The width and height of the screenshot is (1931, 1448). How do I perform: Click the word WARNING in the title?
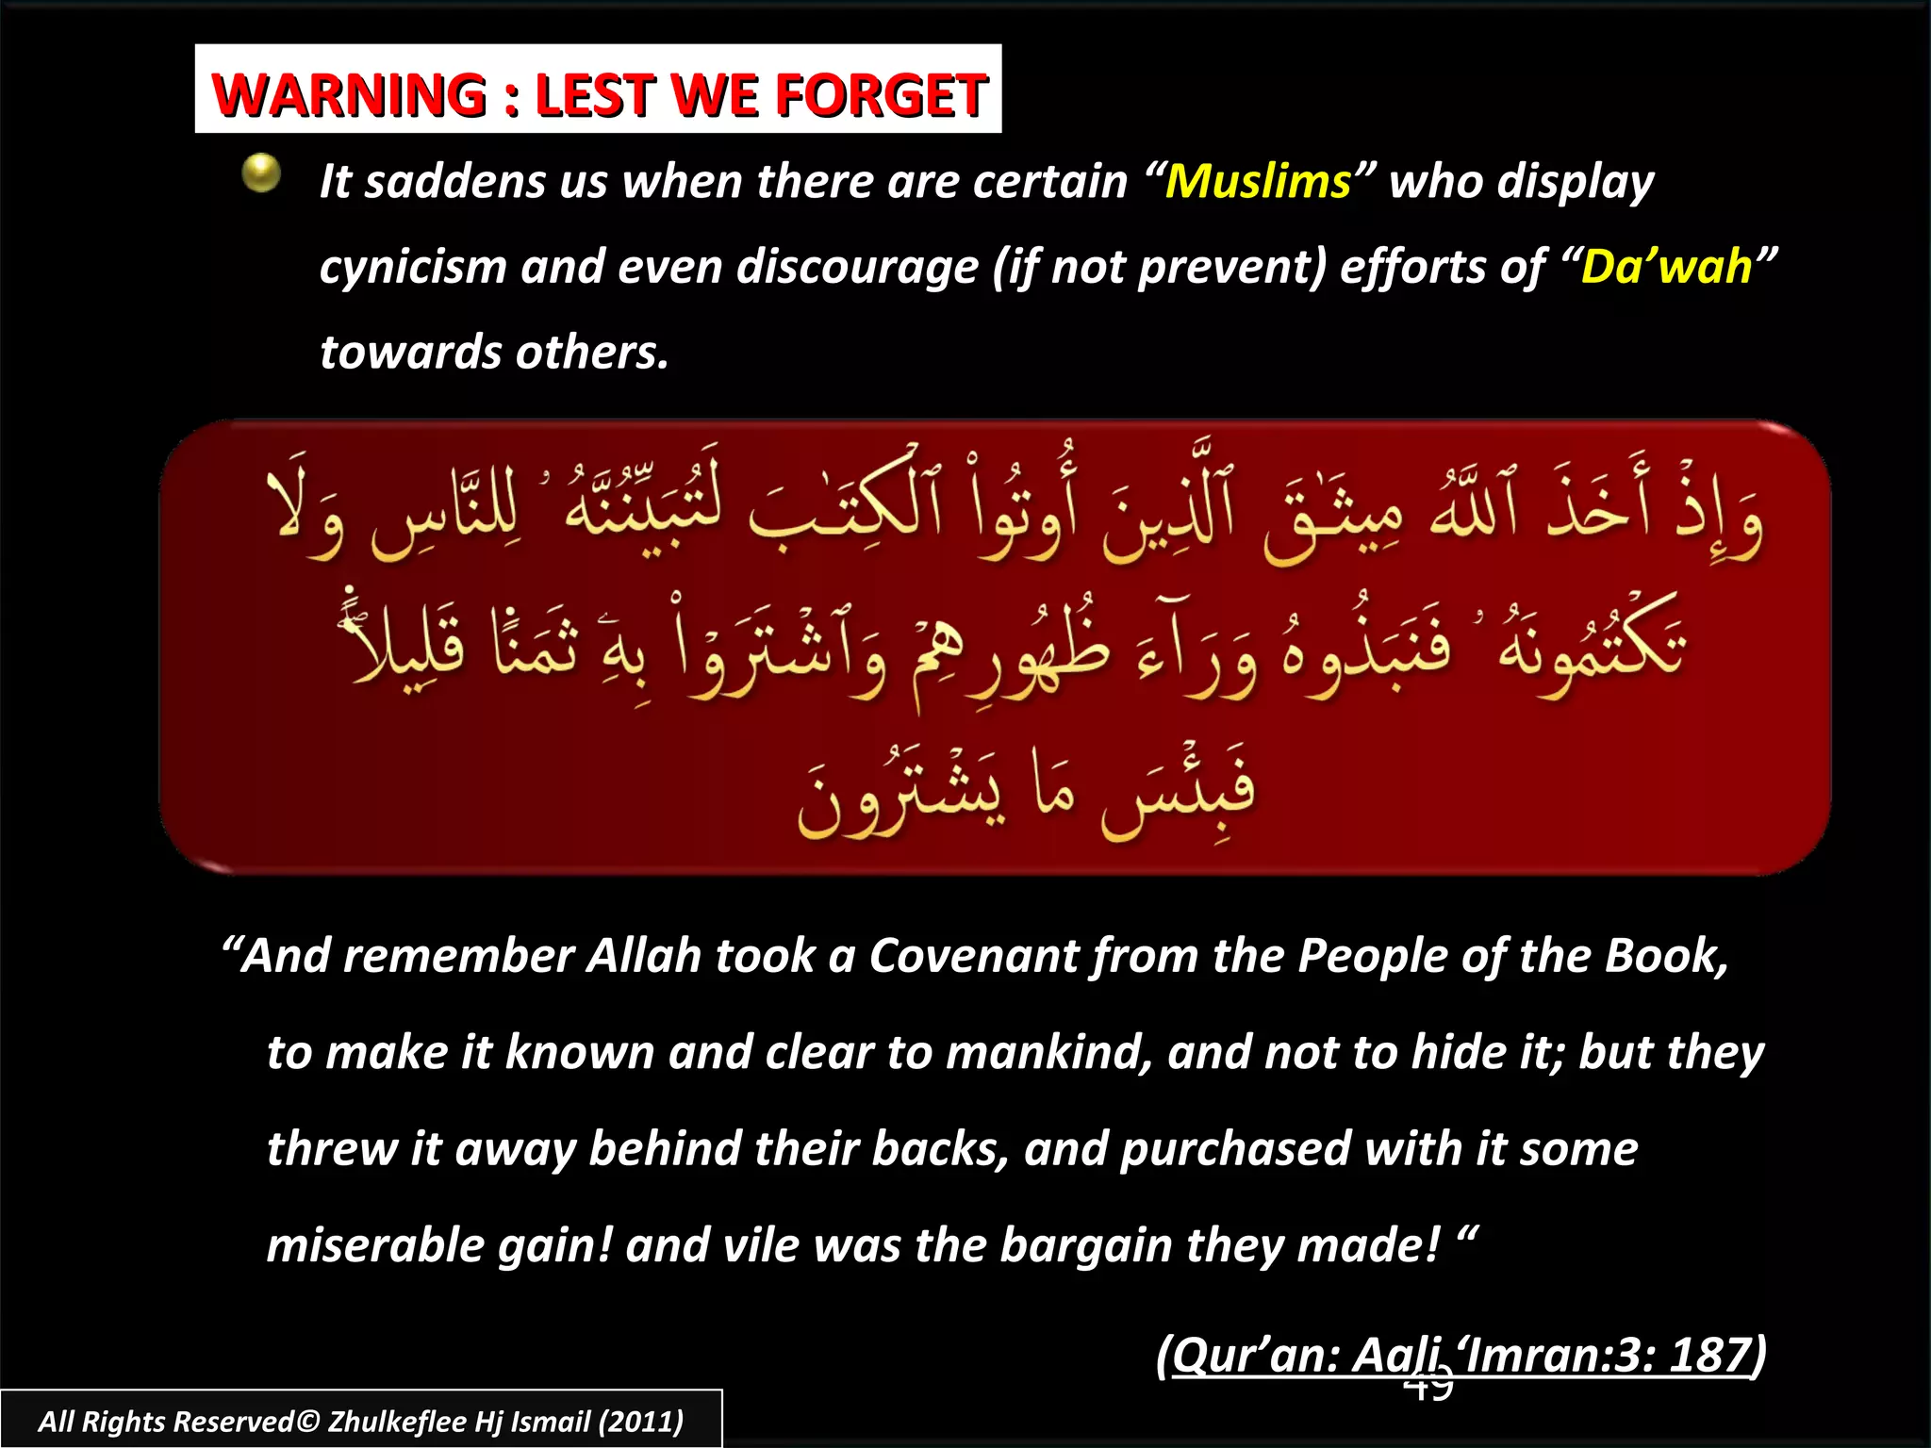click(x=349, y=95)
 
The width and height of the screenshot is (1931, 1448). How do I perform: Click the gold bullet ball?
click(x=261, y=173)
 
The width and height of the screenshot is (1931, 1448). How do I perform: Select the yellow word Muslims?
click(x=1258, y=181)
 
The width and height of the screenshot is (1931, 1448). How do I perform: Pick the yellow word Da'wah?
click(x=1665, y=267)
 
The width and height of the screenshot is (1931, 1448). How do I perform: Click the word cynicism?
click(x=412, y=268)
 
